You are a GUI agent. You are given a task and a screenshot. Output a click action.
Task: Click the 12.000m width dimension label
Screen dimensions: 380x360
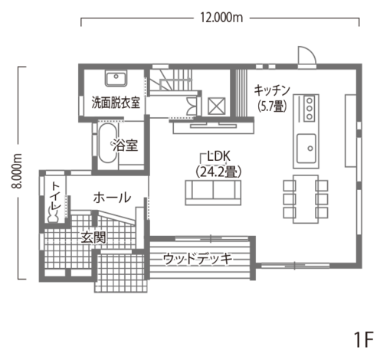click(221, 18)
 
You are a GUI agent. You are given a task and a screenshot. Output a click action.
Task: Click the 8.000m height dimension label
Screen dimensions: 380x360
click(17, 171)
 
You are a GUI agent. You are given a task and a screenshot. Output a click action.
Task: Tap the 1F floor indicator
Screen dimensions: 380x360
click(364, 339)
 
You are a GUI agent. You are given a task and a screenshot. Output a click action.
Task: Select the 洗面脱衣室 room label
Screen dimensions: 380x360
click(116, 103)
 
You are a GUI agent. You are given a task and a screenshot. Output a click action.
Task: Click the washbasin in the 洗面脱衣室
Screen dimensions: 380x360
click(116, 78)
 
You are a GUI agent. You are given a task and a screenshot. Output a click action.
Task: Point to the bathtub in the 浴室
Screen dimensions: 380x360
click(108, 143)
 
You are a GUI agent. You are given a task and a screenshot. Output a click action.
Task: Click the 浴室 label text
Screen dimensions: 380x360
click(126, 146)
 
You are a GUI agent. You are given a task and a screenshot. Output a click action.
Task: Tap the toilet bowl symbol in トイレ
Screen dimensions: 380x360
click(53, 217)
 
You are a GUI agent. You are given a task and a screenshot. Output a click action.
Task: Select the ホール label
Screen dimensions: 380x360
click(112, 198)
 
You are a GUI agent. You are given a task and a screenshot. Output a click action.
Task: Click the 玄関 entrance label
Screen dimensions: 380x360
click(93, 238)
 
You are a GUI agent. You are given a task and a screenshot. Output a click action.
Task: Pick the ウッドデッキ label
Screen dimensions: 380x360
click(198, 259)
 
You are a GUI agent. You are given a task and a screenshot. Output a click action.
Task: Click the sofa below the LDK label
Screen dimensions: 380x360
click(213, 192)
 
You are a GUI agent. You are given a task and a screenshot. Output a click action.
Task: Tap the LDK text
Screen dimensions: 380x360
click(219, 156)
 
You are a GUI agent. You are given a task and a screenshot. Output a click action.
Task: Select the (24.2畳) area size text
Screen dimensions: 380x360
click(218, 172)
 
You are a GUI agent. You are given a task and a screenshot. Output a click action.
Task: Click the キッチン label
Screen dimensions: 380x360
click(272, 90)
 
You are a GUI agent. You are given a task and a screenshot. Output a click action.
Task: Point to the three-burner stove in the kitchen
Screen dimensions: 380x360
click(310, 108)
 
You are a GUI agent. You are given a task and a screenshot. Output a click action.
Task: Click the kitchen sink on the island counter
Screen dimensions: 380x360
click(306, 149)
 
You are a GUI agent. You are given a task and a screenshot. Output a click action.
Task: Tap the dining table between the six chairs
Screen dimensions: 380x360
click(306, 199)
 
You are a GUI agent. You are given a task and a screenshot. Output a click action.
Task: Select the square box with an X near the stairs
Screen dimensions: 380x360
click(216, 106)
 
